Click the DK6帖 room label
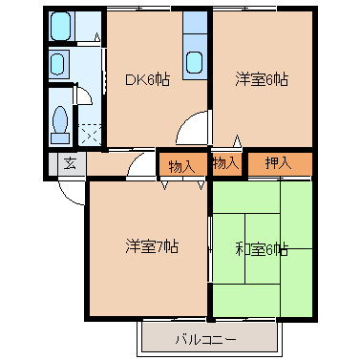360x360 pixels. click(x=148, y=80)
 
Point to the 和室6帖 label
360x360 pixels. click(x=261, y=249)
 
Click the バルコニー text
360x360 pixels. click(x=205, y=339)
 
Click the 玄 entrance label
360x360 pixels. click(x=69, y=163)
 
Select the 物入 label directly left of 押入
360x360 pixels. click(x=225, y=163)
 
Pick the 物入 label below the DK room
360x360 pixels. click(x=181, y=166)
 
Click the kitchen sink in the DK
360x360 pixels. click(x=195, y=61)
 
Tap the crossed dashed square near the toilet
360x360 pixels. click(x=89, y=135)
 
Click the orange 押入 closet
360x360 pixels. click(x=279, y=164)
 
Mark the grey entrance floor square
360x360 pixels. click(x=69, y=163)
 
